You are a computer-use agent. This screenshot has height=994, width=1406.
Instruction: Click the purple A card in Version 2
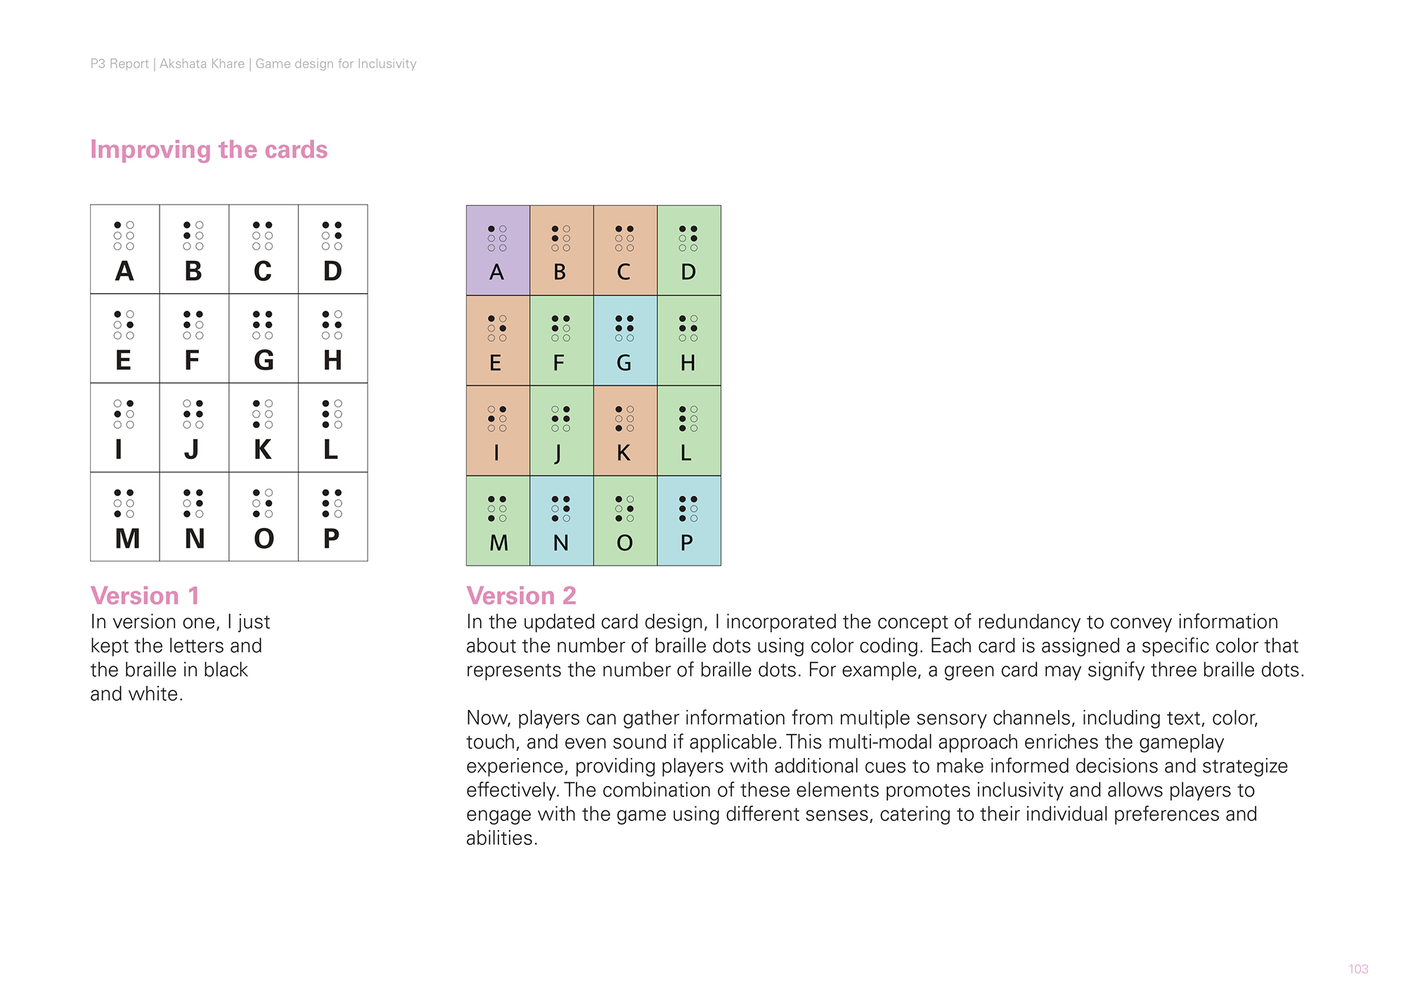coord(498,250)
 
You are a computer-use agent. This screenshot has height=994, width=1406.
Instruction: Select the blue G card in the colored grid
coord(625,340)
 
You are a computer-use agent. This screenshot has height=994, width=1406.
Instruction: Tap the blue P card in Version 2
coord(689,521)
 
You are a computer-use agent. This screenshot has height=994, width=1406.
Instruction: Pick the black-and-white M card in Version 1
coord(125,517)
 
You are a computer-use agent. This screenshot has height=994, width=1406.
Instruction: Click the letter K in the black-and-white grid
coord(262,450)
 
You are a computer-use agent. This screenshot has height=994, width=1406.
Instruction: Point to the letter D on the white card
coord(333,271)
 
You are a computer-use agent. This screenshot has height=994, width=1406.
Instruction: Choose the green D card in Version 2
coord(689,250)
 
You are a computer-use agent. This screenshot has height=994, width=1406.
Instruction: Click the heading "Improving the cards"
coord(209,150)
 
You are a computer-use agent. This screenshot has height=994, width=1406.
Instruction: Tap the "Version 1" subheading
coord(145,595)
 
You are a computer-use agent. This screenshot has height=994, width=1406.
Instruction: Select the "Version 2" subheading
coord(521,595)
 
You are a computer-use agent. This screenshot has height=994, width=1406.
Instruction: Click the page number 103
coord(1358,969)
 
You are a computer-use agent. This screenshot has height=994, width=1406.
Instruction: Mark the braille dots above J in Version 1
coord(193,414)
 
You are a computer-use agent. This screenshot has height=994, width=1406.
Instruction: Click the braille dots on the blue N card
coord(561,509)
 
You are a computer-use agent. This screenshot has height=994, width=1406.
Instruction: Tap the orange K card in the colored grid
coord(625,430)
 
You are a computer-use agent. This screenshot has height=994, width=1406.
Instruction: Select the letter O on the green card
coord(624,543)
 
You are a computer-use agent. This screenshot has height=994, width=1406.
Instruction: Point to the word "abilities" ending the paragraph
coord(501,838)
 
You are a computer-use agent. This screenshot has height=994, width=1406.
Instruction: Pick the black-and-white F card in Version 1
coord(194,338)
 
